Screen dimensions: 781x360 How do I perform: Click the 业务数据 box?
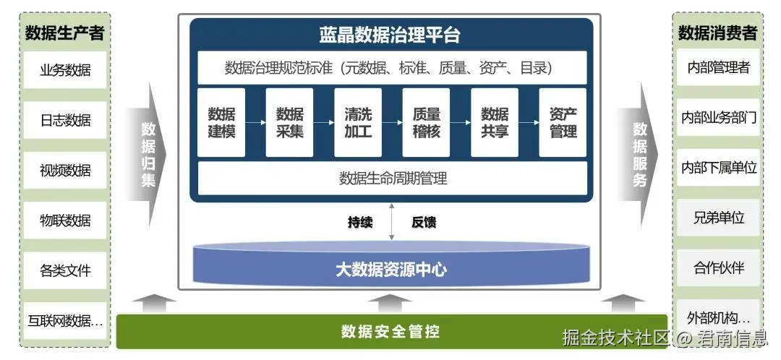tap(65, 70)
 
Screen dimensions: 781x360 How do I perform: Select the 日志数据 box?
tap(65, 120)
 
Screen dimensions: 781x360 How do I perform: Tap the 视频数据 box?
tap(65, 171)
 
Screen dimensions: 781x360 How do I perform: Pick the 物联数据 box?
tap(65, 220)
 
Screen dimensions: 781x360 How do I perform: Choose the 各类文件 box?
tap(65, 271)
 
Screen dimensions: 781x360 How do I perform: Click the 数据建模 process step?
tap(221, 123)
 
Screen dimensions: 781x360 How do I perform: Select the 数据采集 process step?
tap(289, 123)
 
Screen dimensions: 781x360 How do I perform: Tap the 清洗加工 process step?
tap(358, 123)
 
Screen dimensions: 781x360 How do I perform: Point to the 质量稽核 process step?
tap(426, 123)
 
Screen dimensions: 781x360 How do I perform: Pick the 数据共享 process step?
tap(495, 123)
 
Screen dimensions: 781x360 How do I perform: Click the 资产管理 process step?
tap(563, 123)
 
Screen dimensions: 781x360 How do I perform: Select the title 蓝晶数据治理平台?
tap(390, 35)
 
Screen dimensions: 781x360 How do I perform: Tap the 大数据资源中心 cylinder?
tap(391, 270)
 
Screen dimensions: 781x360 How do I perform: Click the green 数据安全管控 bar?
tap(391, 332)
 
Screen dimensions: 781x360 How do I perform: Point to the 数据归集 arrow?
tap(148, 154)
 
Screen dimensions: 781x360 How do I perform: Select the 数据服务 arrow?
tap(640, 154)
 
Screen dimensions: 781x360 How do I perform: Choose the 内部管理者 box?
tap(718, 68)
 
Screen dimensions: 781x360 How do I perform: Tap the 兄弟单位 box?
tap(718, 218)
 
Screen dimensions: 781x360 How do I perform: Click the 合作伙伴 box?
tap(718, 268)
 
